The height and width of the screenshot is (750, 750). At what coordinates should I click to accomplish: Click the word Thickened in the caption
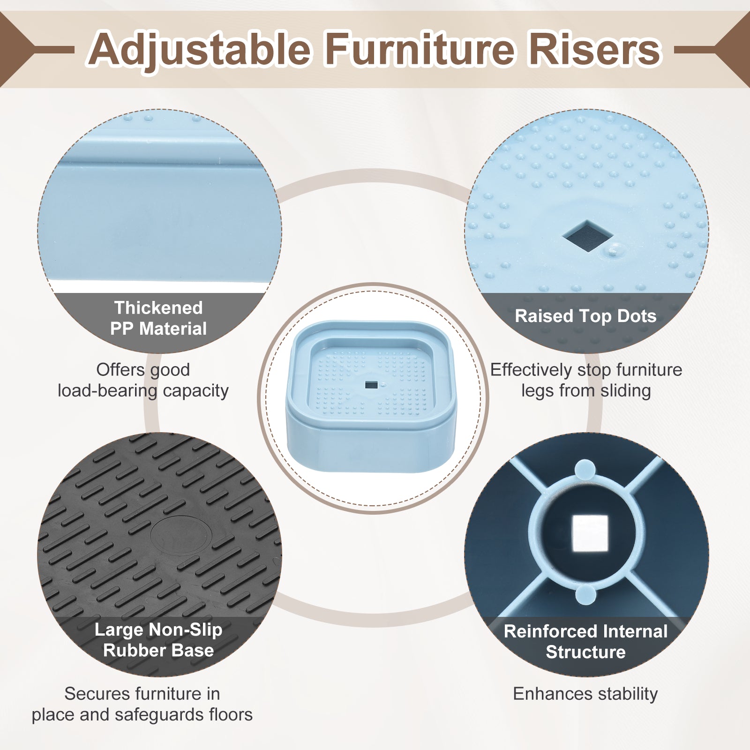pyautogui.click(x=158, y=308)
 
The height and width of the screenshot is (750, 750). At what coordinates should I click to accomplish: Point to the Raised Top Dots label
pyautogui.click(x=585, y=316)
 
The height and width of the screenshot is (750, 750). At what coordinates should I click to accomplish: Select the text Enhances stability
pyautogui.click(x=585, y=694)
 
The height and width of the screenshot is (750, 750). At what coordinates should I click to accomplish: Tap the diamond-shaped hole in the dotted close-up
pyautogui.click(x=588, y=235)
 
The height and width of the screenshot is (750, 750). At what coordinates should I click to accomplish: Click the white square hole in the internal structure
pyautogui.click(x=590, y=533)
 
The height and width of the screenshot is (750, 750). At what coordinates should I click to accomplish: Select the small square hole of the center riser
pyautogui.click(x=371, y=385)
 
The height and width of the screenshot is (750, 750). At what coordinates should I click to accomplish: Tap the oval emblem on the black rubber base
pyautogui.click(x=181, y=536)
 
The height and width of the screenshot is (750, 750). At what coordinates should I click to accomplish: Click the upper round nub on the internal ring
pyautogui.click(x=585, y=470)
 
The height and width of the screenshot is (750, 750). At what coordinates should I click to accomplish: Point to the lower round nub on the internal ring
pyautogui.click(x=585, y=594)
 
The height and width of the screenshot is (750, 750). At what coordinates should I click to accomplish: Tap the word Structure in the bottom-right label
pyautogui.click(x=585, y=652)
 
